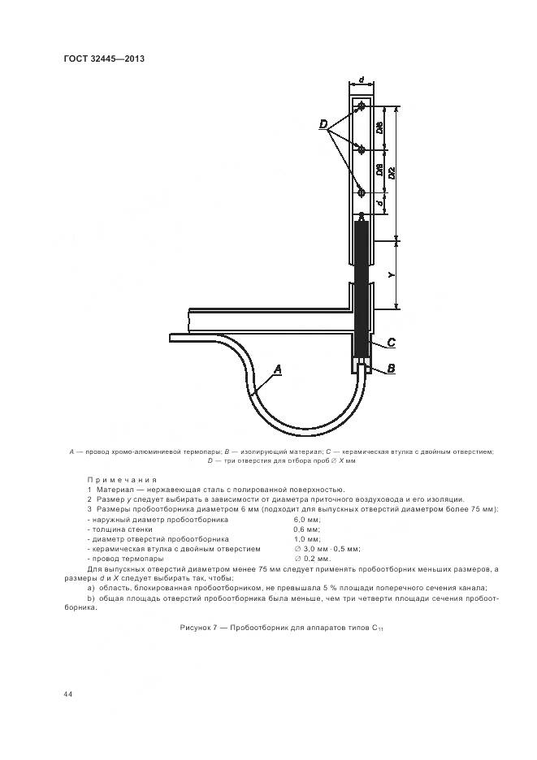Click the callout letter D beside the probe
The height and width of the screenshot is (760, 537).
pos(323,124)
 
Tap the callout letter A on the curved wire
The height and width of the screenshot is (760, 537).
pos(278,369)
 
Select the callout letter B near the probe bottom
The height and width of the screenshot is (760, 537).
pos(391,368)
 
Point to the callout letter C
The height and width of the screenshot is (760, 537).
pos(391,342)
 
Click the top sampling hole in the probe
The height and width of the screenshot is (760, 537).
pos(362,106)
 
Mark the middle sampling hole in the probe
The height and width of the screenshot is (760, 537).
pos(362,149)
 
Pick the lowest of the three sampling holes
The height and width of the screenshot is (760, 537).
pos(362,192)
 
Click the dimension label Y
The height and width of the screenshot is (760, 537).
pos(391,274)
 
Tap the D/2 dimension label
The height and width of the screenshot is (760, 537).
pos(392,171)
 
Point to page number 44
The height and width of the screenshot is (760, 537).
pos(67,693)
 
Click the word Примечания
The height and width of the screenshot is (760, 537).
pos(121,480)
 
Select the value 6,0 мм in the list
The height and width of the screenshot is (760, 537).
pos(306,519)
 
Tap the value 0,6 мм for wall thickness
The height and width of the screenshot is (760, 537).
pos(306,529)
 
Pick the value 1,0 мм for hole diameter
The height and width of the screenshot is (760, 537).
pos(306,538)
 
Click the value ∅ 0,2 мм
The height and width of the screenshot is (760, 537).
pos(312,559)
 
